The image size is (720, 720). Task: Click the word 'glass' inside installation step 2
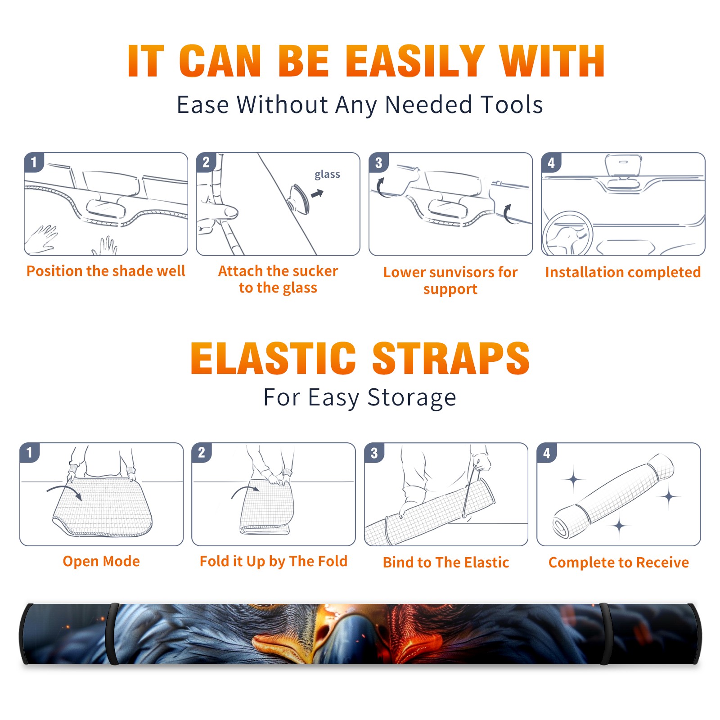point(327,175)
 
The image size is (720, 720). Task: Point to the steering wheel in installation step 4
point(567,234)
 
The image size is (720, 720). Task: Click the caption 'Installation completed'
point(623,272)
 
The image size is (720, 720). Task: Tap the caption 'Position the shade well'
point(106,271)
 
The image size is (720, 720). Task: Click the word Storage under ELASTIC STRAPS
point(412,398)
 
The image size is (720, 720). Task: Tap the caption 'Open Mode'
point(101,561)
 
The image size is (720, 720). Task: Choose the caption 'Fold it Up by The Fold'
point(274,561)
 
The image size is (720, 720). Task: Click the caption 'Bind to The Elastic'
point(446,562)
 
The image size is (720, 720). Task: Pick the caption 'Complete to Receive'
point(619,562)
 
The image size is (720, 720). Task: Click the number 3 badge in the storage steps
point(374,453)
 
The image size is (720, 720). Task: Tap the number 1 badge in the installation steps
point(34,162)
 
